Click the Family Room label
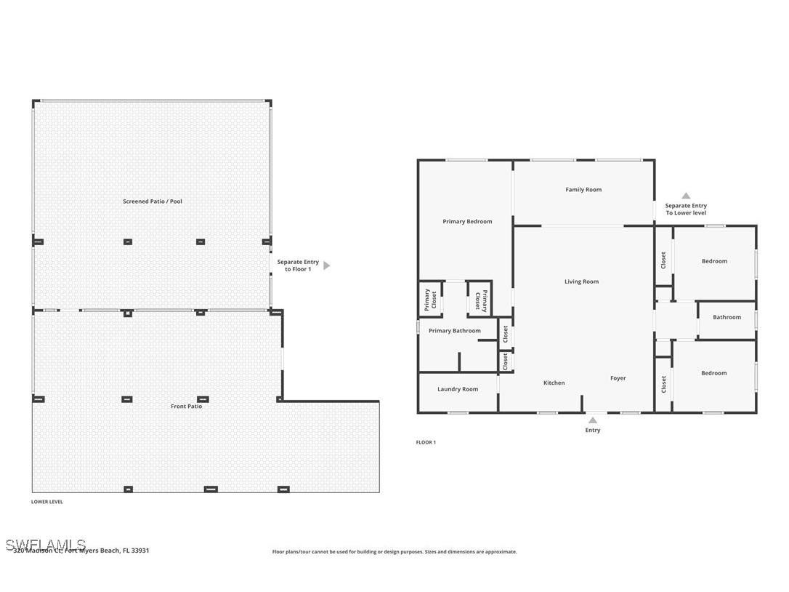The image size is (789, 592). click(x=583, y=190)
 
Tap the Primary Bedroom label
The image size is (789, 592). click(x=467, y=222)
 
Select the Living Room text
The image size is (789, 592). click(x=582, y=281)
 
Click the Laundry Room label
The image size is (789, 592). click(x=458, y=389)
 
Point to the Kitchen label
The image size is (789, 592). click(x=554, y=383)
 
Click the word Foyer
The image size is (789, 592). click(x=618, y=378)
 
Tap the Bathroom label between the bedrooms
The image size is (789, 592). click(x=727, y=317)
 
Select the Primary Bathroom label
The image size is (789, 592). click(x=455, y=331)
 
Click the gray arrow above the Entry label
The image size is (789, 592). click(x=593, y=420)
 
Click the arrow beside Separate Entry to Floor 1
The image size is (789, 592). click(x=326, y=265)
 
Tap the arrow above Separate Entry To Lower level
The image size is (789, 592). click(x=686, y=196)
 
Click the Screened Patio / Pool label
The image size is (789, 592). click(x=153, y=201)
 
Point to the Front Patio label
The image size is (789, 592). click(x=187, y=407)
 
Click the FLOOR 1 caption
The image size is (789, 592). click(x=426, y=442)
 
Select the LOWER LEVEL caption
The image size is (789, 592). click(x=47, y=502)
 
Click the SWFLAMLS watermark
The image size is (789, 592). click(x=45, y=545)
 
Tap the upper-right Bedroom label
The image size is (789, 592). click(x=714, y=261)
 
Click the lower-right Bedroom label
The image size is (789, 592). click(x=713, y=373)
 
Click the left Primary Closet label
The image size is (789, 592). click(x=429, y=300)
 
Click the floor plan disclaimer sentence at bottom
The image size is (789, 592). click(x=394, y=552)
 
